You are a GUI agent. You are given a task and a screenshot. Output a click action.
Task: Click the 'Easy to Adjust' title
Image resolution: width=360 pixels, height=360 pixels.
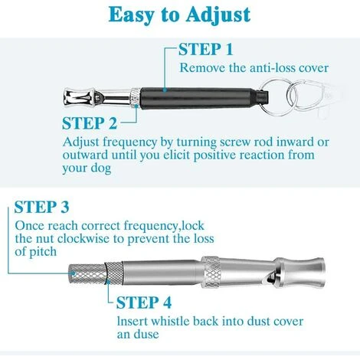coord(179,15)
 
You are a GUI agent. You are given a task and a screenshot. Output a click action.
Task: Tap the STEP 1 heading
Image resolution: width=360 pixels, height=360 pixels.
coord(206,49)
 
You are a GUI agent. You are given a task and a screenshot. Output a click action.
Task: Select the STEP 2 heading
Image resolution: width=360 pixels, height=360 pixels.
coord(90,123)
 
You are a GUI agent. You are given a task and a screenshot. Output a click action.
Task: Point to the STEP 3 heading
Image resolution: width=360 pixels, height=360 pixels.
coord(41,207)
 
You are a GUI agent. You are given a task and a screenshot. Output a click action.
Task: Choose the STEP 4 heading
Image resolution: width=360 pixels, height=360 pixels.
coord(144,303)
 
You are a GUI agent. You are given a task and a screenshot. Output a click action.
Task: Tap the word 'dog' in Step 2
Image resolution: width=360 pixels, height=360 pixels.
coord(101,169)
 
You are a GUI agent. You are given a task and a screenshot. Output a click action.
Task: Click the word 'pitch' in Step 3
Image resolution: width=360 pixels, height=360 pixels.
coord(43,252)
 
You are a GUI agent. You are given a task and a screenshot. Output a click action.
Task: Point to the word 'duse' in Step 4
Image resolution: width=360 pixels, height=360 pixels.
coord(148,334)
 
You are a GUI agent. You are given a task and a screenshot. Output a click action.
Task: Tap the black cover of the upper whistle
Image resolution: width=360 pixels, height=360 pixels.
coord(197,99)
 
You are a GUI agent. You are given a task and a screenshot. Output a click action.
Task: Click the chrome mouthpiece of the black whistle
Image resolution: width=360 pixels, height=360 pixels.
coord(79,97)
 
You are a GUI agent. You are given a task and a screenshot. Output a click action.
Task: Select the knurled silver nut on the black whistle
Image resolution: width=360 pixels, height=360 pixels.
coord(136,98)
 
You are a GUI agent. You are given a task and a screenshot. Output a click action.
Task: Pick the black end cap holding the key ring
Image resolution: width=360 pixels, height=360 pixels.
coord(261,98)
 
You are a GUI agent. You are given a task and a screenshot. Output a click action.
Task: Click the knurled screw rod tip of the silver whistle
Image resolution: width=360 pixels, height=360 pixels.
coord(87,274)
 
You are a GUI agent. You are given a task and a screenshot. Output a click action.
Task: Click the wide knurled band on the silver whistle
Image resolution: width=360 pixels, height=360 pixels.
coord(211,272)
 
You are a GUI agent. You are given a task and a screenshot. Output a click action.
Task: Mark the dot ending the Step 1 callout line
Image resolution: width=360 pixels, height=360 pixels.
coord(165,90)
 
